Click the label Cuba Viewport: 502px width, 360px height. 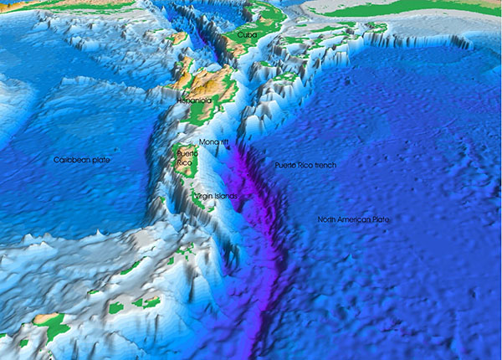pyautogui.click(x=246, y=36)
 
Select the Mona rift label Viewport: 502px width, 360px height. pyautogui.click(x=213, y=143)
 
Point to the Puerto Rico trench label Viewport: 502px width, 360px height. pyautogui.click(x=305, y=166)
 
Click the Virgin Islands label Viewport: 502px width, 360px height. pyautogui.click(x=216, y=196)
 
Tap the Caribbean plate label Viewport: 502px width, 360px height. pyautogui.click(x=82, y=159)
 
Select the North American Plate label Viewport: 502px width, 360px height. pyautogui.click(x=353, y=219)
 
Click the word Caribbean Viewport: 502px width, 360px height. pyautogui.click(x=71, y=159)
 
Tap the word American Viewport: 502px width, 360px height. pyautogui.click(x=356, y=219)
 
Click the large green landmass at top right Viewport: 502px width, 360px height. pyautogui.click(x=402, y=10)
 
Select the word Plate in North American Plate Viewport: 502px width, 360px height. pyautogui.click(x=382, y=219)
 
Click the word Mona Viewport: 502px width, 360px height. pyautogui.click(x=207, y=143)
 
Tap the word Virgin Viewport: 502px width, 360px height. pyautogui.click(x=203, y=196)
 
